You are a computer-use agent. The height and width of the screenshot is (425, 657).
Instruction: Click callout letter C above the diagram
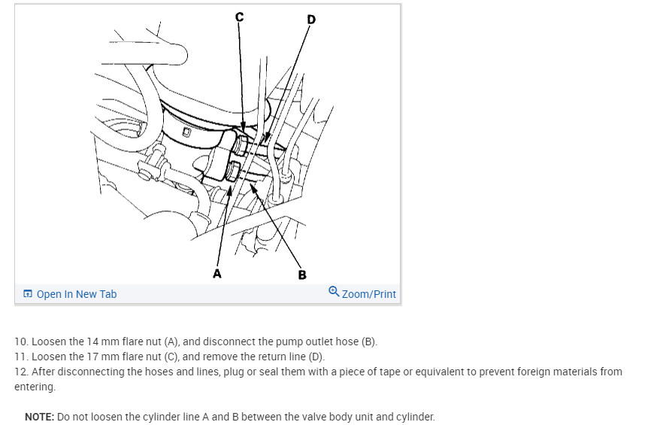click(239, 17)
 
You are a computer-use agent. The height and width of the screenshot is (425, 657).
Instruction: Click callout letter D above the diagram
click(311, 20)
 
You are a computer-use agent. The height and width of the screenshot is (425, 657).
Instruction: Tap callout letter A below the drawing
click(217, 274)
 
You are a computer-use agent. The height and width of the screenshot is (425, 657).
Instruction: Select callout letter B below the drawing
click(302, 275)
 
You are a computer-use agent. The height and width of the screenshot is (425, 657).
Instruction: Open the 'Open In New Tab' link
click(77, 294)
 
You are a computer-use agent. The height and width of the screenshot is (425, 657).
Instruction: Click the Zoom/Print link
click(369, 294)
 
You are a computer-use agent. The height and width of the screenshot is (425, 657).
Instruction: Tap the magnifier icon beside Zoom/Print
click(334, 291)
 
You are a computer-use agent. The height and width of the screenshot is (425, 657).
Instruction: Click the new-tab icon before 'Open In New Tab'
click(28, 293)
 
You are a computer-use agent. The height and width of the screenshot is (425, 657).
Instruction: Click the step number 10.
click(21, 342)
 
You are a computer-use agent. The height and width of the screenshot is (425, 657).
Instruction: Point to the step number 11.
click(21, 357)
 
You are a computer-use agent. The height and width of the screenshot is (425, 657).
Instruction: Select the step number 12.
click(21, 372)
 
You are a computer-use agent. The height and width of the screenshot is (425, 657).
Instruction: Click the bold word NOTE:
click(40, 417)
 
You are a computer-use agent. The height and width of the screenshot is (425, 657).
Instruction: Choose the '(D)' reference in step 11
click(316, 357)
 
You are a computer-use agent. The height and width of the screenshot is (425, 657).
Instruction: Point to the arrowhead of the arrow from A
click(229, 191)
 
